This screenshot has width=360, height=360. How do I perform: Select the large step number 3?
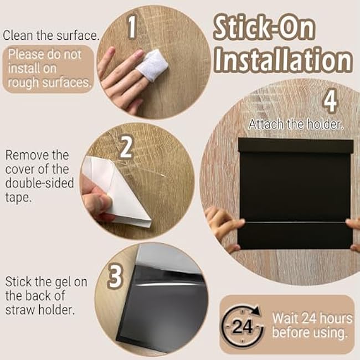pyautogui.click(x=115, y=276)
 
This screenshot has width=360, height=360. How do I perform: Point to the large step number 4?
pyautogui.click(x=330, y=101)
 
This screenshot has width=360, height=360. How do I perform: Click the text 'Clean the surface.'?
pyautogui.click(x=51, y=35)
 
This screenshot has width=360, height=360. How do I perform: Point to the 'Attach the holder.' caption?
pyautogui.click(x=296, y=124)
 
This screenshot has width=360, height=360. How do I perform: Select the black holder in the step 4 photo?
pyautogui.click(x=294, y=194)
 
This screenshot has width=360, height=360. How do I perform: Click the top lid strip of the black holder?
pyautogui.click(x=294, y=146)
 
